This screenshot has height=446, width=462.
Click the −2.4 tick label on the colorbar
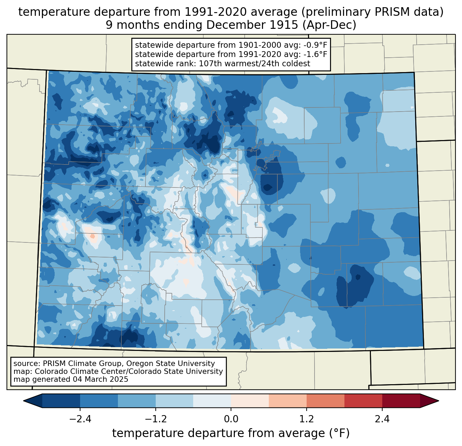[x=80, y=419]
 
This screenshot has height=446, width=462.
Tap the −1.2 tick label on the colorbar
[x=156, y=419]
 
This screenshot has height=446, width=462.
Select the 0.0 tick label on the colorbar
[x=231, y=419]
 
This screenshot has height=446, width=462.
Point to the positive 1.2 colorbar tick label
[x=307, y=419]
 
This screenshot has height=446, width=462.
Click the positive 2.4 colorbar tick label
[x=382, y=419]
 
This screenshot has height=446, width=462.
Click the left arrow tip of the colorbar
[x=23, y=401]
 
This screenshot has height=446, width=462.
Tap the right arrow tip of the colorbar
[x=439, y=401]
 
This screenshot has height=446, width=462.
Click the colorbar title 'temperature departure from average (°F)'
[x=231, y=433]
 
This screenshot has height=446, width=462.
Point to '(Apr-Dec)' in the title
[x=329, y=25]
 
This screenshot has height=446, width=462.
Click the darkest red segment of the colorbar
[x=401, y=401]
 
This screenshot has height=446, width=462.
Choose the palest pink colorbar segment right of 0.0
[x=250, y=401]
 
